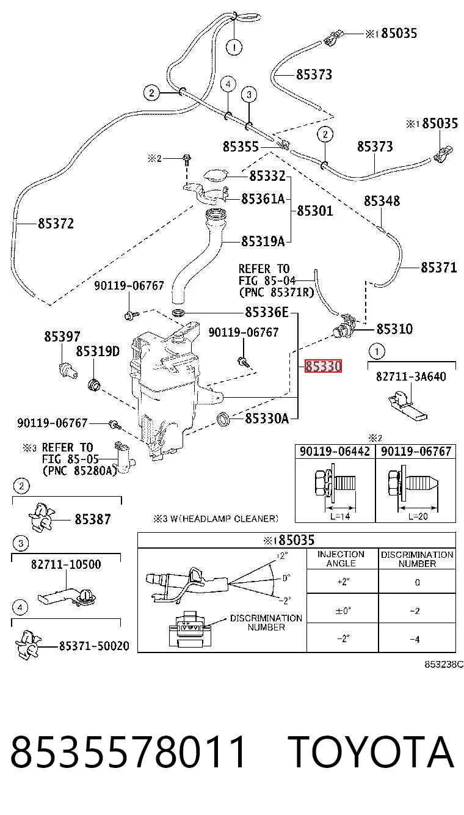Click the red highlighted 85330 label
[x=323, y=366]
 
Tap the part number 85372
[x=56, y=224]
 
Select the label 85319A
[x=263, y=241]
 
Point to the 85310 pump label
[x=394, y=329]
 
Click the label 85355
[x=241, y=147]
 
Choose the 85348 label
[x=382, y=201]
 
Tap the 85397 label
[x=62, y=337]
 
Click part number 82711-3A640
[x=411, y=376]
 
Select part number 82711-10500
[x=66, y=565]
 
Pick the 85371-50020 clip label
[x=94, y=646]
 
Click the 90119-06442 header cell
[x=335, y=451]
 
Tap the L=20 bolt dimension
[x=418, y=516]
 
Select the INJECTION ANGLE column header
[x=341, y=559]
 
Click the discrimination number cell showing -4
[x=415, y=639]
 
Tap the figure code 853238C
[x=444, y=664]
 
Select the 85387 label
[x=93, y=519]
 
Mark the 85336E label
[x=267, y=312]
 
